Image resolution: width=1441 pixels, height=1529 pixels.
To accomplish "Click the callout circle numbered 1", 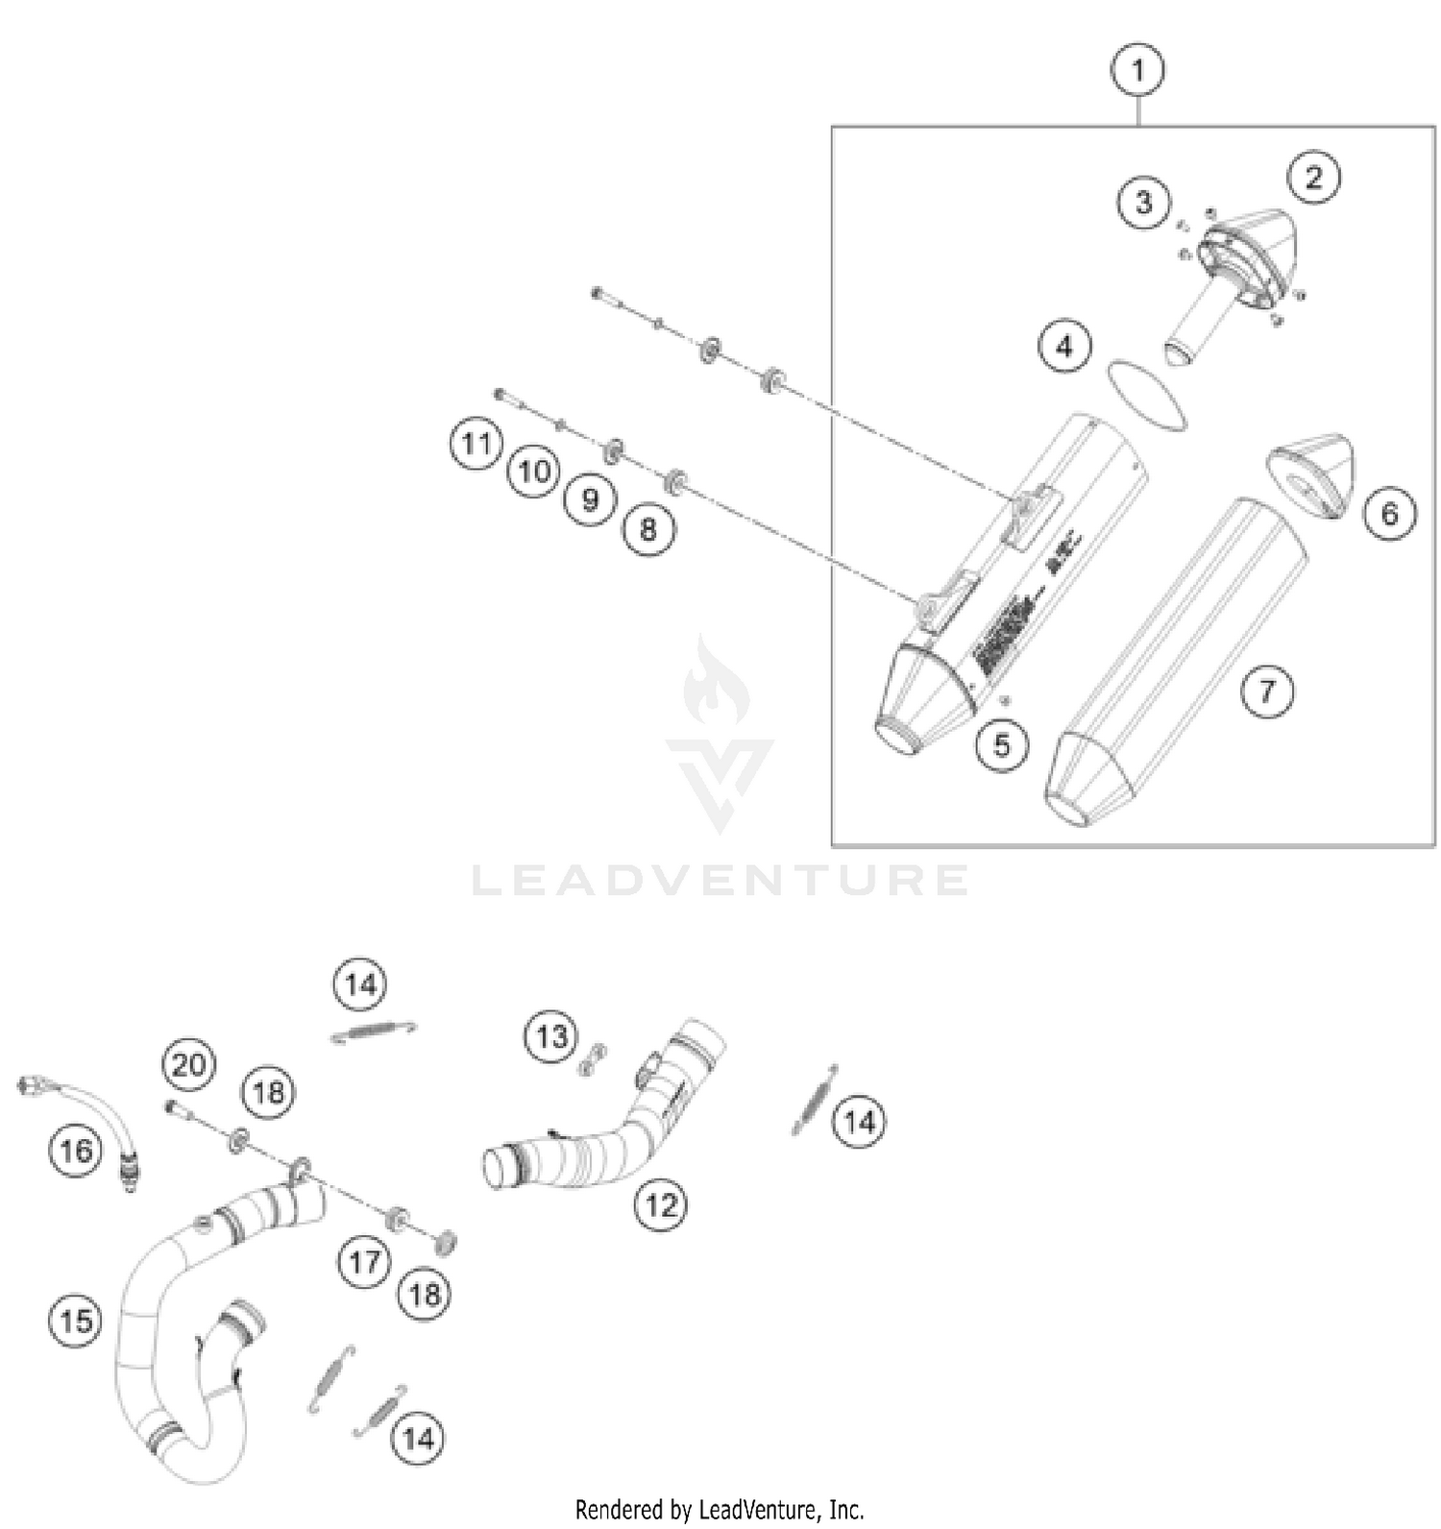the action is [1138, 70].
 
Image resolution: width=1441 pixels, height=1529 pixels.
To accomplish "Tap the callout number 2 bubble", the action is [1313, 177].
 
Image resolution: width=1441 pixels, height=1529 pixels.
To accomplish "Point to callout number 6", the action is [1389, 514].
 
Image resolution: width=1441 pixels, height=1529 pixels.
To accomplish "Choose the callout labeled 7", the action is [1266, 691].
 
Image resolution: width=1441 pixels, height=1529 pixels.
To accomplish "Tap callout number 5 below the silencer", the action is [1002, 744].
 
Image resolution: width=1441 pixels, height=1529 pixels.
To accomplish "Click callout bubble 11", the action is [476, 444].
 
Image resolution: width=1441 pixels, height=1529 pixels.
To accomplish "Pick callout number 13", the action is [551, 1036].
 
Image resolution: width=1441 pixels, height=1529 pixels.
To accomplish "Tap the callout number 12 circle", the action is [661, 1203].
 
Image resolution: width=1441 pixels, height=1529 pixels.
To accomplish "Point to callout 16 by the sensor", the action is [76, 1150].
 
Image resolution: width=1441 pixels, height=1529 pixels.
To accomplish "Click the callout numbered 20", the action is [188, 1064].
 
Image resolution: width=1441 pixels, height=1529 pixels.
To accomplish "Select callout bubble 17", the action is [365, 1261].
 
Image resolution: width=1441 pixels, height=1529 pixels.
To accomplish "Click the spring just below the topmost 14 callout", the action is [374, 1031].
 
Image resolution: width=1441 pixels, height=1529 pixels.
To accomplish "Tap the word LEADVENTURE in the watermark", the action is [720, 880].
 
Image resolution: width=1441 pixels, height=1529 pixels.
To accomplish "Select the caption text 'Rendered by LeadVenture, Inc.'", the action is [720, 1509].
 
